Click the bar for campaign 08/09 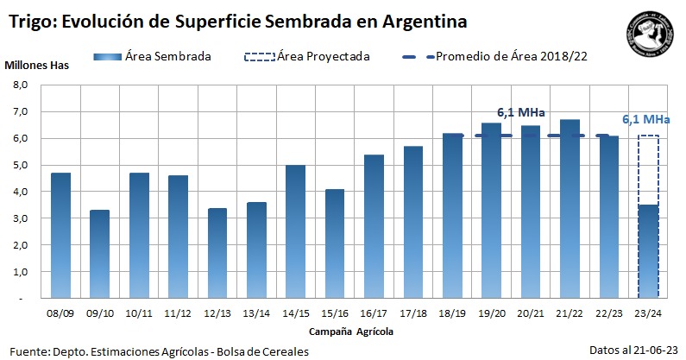pyautogui.click(x=60, y=235)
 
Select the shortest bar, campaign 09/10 pyautogui.click(x=99, y=254)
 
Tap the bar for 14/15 pyautogui.click(x=295, y=231)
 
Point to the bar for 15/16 pyautogui.click(x=334, y=243)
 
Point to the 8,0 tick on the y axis pyautogui.click(x=20, y=85)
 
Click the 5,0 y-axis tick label pyautogui.click(x=20, y=165)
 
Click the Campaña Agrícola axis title pyautogui.click(x=354, y=331)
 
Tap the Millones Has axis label pyautogui.click(x=36, y=65)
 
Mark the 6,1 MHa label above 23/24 pyautogui.click(x=646, y=119)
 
